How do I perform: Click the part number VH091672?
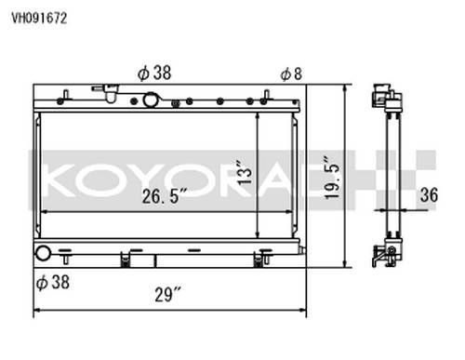pyautogui.click(x=39, y=19)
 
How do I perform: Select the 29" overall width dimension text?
pyautogui.click(x=167, y=294)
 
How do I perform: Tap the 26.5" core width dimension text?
pyautogui.click(x=165, y=196)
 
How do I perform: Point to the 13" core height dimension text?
pyautogui.click(x=245, y=172)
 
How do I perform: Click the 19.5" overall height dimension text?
pyautogui.click(x=332, y=178)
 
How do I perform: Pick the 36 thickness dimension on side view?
pyautogui.click(x=429, y=195)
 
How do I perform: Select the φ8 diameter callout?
pyautogui.click(x=291, y=74)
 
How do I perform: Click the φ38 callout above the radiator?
pyautogui.click(x=154, y=73)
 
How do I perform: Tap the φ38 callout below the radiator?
pyautogui.click(x=53, y=282)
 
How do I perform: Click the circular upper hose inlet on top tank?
pyautogui.click(x=150, y=100)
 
